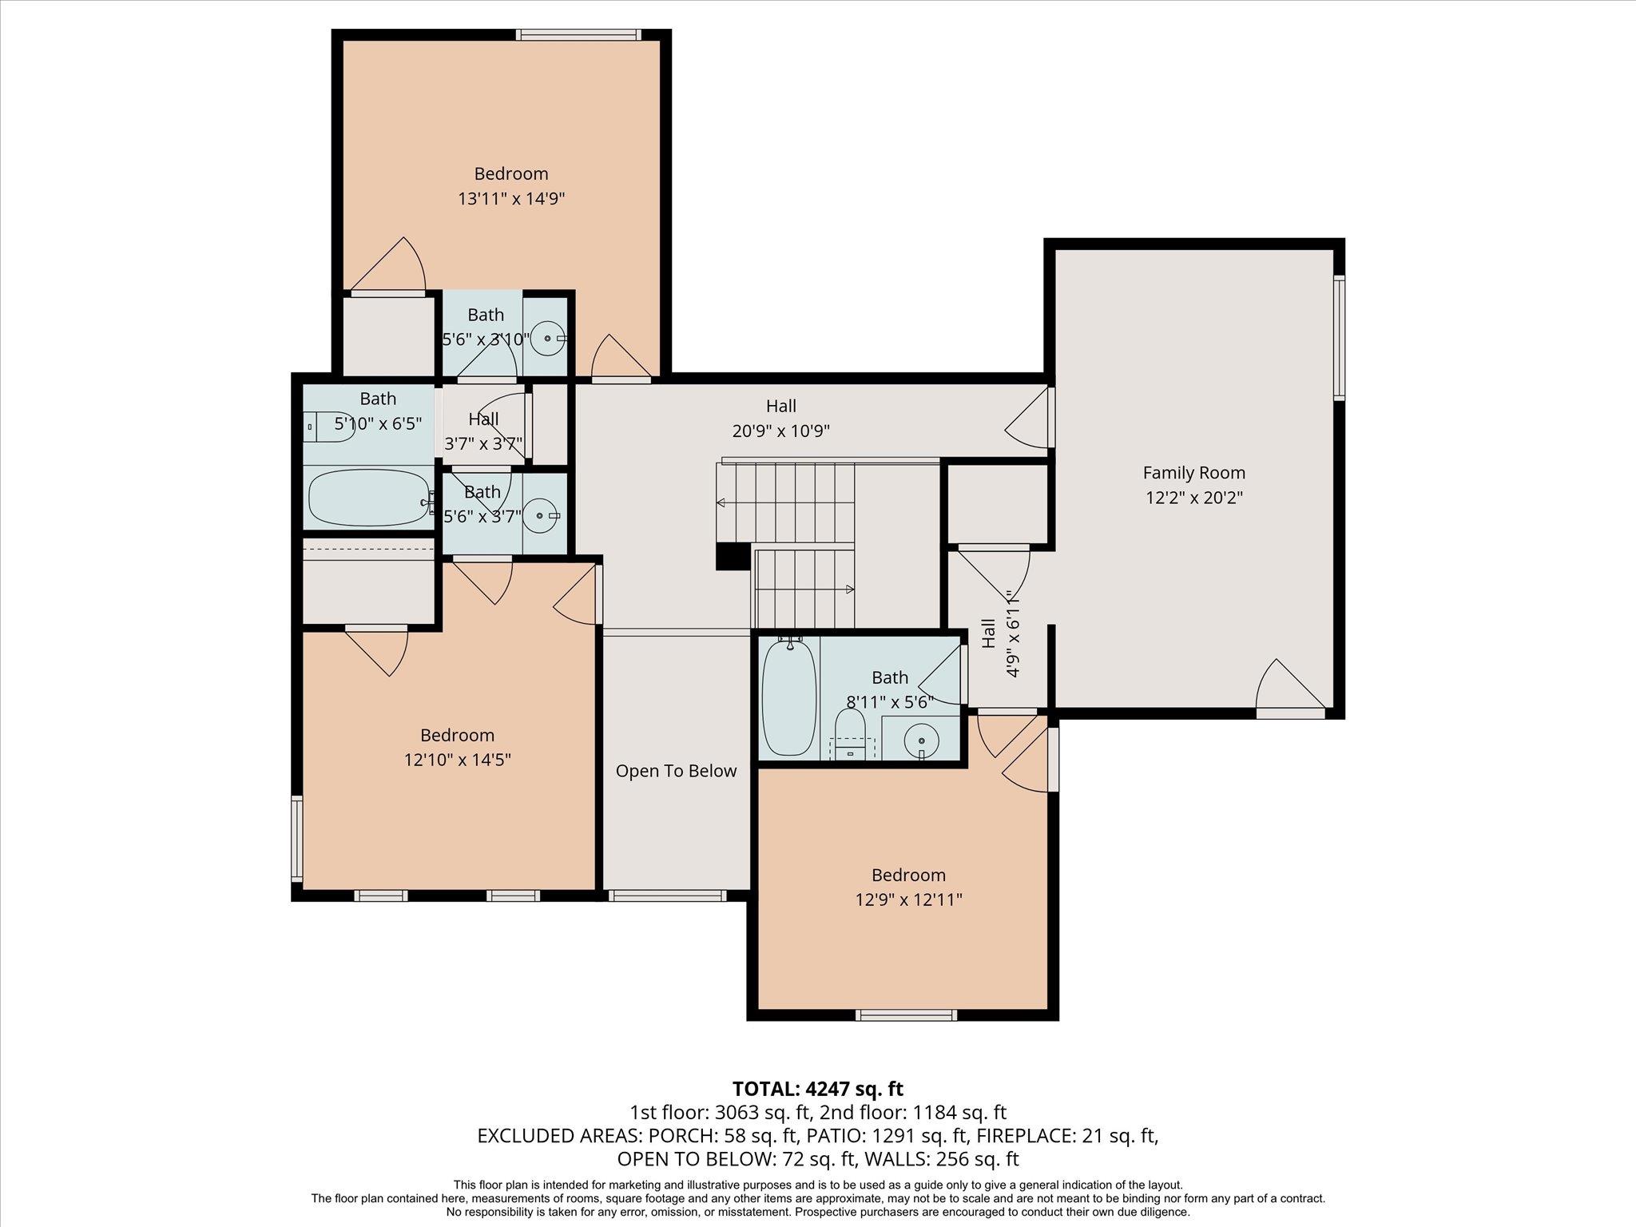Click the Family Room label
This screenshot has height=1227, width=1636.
1193,473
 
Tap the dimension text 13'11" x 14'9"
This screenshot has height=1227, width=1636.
511,199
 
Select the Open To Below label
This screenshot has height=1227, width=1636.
676,771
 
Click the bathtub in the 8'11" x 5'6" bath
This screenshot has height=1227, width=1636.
788,697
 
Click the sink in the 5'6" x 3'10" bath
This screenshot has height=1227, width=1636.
548,339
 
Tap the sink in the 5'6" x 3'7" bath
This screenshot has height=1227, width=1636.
542,516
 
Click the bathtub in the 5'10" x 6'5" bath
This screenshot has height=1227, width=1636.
368,497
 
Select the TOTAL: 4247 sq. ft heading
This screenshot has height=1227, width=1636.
817,1089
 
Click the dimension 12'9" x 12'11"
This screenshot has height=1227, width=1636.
908,900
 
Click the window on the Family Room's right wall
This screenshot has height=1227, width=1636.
1340,337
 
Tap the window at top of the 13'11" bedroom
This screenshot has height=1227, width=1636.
578,34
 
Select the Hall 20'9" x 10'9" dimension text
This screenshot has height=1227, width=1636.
780,431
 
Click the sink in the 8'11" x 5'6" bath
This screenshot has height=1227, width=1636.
923,737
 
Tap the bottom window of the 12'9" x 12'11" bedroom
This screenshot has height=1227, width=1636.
906,1015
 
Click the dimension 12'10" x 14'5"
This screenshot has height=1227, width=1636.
457,760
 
